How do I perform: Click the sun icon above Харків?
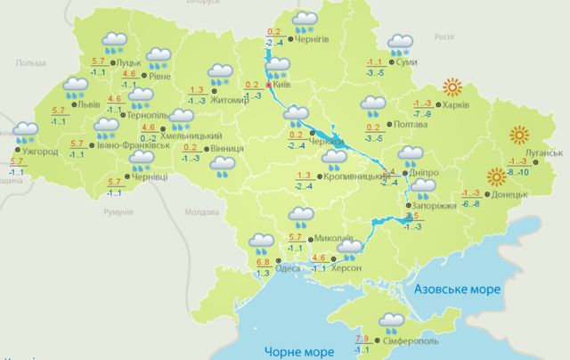coord(453,88)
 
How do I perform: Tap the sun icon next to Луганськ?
coord(520,135)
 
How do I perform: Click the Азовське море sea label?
coord(460,290)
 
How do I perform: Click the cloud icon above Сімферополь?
coord(392,321)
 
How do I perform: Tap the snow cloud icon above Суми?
coord(401,42)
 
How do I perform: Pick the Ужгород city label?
coord(40,151)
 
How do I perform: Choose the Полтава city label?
coord(399,126)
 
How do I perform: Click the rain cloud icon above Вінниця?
coord(224,164)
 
